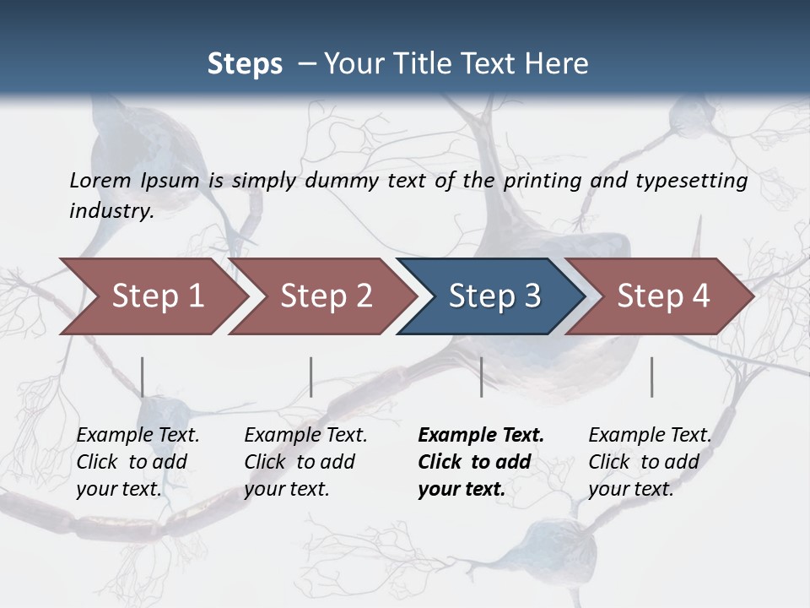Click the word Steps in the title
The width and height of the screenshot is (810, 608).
(245, 64)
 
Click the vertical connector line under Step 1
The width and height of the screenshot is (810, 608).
(143, 377)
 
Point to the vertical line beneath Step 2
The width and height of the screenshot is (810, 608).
(311, 377)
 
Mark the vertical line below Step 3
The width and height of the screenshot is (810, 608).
(482, 377)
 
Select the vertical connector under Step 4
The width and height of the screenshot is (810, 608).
(652, 377)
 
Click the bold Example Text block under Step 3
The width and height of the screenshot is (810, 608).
(481, 462)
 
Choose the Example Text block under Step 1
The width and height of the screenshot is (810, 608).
(138, 462)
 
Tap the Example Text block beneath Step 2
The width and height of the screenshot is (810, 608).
(305, 462)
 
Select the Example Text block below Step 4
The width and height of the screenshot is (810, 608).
(650, 462)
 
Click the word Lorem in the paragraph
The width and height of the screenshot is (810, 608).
(100, 181)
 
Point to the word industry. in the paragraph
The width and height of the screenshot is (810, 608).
(111, 211)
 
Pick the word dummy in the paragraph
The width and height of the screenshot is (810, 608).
(343, 181)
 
